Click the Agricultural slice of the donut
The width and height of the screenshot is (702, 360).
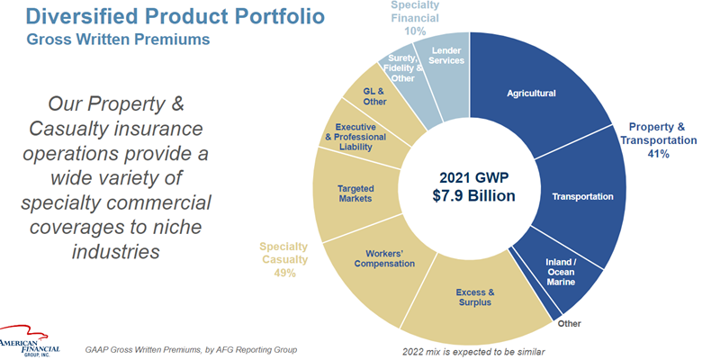[531, 94]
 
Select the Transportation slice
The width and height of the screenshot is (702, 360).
[581, 196]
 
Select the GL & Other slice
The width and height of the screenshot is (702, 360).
[375, 95]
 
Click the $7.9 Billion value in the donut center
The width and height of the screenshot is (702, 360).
[470, 194]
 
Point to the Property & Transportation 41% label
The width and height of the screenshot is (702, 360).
[661, 140]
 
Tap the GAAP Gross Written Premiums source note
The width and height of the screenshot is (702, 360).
[191, 349]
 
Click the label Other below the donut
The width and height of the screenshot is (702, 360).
[568, 323]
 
